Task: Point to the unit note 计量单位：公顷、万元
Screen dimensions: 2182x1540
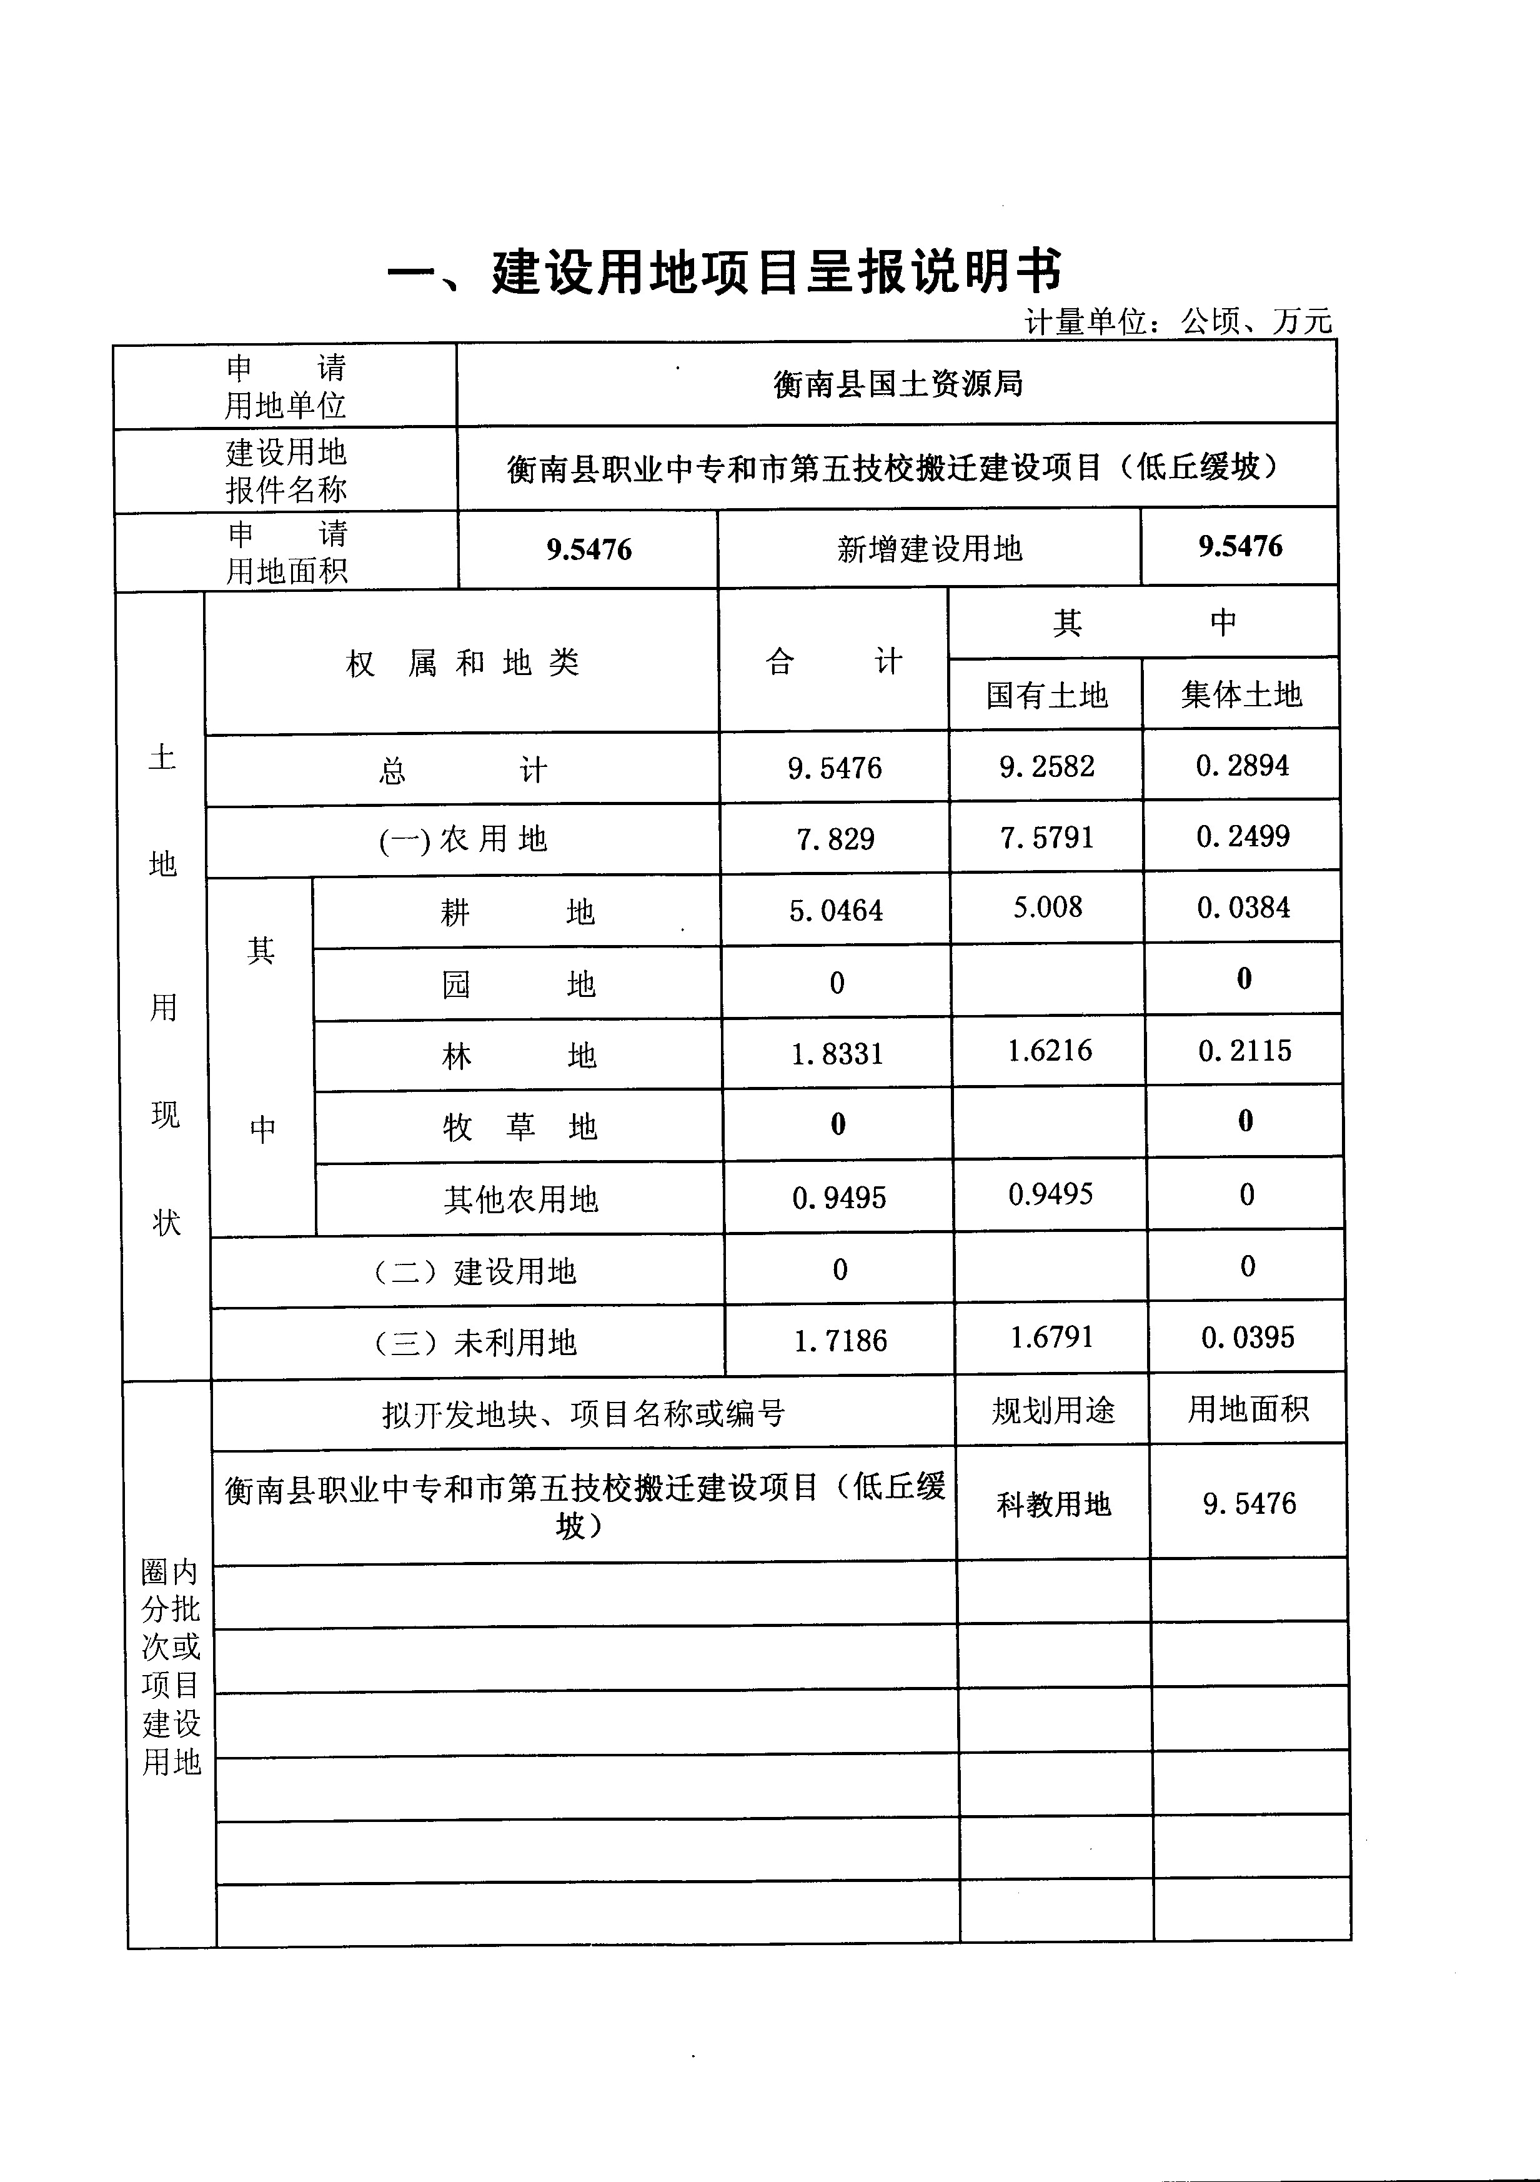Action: pyautogui.click(x=1178, y=322)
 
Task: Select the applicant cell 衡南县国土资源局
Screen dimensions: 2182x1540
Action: pyautogui.click(x=897, y=384)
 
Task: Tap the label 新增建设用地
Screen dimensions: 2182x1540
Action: pyautogui.click(x=929, y=548)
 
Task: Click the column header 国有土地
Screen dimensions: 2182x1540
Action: pyautogui.click(x=1046, y=694)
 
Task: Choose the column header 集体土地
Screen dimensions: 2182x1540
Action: pyautogui.click(x=1241, y=694)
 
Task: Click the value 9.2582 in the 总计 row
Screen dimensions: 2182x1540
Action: pyautogui.click(x=1046, y=766)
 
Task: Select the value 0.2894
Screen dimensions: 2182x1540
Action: pyautogui.click(x=1242, y=765)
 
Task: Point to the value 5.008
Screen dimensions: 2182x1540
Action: pyautogui.click(x=1047, y=908)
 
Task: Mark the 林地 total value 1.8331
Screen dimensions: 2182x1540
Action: pyautogui.click(x=837, y=1054)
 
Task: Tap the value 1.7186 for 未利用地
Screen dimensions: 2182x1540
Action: pyautogui.click(x=840, y=1341)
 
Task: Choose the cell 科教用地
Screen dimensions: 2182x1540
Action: pyautogui.click(x=1053, y=1503)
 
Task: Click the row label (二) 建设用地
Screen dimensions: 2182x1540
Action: pyautogui.click(x=475, y=1271)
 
